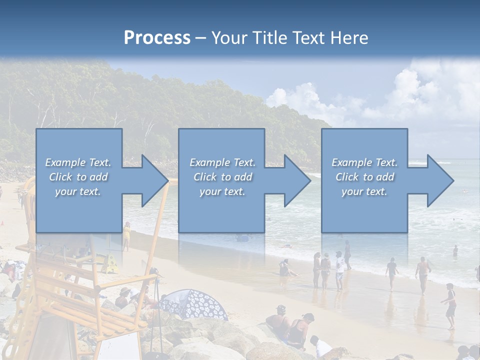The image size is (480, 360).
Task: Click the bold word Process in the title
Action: coord(157,38)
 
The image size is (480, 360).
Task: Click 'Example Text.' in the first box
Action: coord(78,162)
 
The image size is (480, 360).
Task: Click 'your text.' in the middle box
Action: coord(222,191)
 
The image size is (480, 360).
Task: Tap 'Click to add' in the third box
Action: coord(364,177)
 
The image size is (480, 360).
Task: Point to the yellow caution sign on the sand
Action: coord(111,263)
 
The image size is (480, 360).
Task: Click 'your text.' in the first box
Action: coord(78,191)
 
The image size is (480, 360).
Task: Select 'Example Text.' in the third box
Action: coord(364,162)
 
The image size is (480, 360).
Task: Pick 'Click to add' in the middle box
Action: coord(222,177)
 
